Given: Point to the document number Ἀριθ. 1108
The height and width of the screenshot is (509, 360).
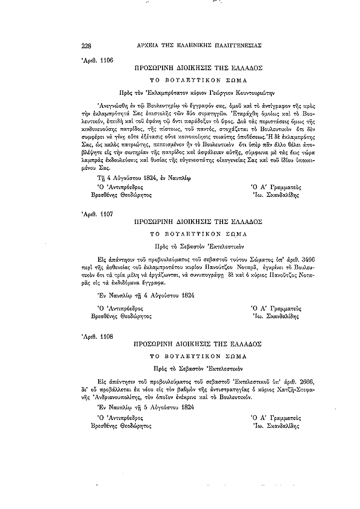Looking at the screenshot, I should (x=94, y=336).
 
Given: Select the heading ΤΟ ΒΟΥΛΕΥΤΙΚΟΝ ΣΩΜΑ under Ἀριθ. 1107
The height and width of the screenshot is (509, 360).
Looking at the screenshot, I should (x=198, y=234).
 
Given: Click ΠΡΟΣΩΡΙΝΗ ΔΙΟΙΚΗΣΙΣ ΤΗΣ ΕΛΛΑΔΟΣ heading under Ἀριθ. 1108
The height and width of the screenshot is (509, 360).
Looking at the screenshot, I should (x=198, y=344).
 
